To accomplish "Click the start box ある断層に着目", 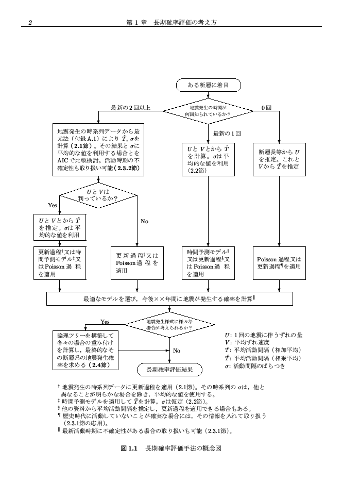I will (x=208, y=84).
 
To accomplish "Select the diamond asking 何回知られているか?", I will (x=208, y=110).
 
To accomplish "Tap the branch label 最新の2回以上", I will (x=131, y=108).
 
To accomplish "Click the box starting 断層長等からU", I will (x=279, y=159).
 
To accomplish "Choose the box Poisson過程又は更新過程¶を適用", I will (x=279, y=263).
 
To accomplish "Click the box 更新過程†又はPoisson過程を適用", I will (x=137, y=263).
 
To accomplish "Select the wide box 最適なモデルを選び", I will (x=169, y=298).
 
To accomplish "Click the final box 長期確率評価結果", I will (x=169, y=370).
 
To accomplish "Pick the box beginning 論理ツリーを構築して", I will (x=86, y=351).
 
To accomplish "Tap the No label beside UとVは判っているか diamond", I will (x=144, y=222).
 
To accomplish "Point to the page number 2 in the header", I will (x=30, y=23).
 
